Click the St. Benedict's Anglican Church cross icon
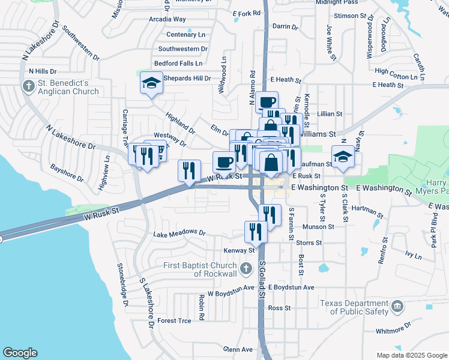pos(28,86)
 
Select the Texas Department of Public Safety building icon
pos(397,307)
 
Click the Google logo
pos(20,353)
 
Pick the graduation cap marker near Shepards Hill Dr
pos(152,84)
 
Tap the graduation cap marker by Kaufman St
pos(343,157)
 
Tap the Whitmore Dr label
pos(393,328)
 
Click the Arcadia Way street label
pos(167,19)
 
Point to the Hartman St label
pos(368,211)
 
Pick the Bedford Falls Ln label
pos(178,63)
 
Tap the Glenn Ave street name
pos(238,349)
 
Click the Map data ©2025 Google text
pos(412,355)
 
